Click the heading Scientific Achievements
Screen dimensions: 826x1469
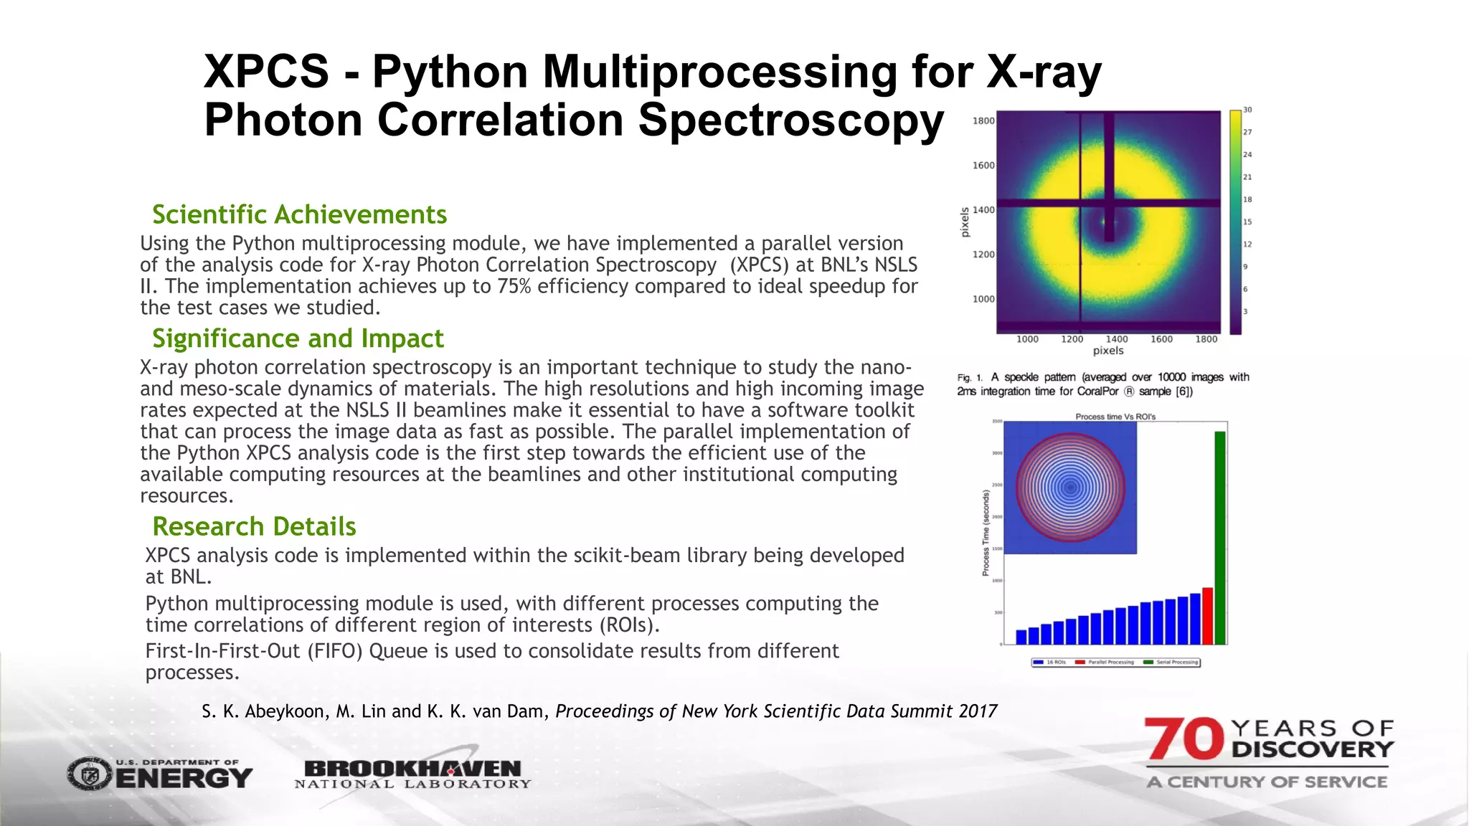click(x=299, y=214)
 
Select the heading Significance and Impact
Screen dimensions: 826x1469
click(x=298, y=338)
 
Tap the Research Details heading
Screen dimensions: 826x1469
click(x=254, y=526)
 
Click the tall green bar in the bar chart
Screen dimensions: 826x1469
click(x=1219, y=538)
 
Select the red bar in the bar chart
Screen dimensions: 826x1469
click(x=1207, y=616)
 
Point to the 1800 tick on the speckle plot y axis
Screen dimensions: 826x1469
click(x=983, y=120)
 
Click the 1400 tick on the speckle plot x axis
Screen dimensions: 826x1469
click(x=1116, y=339)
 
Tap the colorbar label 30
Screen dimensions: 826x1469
click(x=1247, y=110)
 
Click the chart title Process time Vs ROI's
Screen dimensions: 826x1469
click(x=1115, y=417)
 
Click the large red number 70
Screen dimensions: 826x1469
click(x=1184, y=739)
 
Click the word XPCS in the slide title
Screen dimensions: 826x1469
click(x=266, y=72)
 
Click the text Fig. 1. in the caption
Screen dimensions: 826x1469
click(x=970, y=378)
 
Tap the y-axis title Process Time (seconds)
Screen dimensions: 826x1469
click(x=986, y=532)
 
